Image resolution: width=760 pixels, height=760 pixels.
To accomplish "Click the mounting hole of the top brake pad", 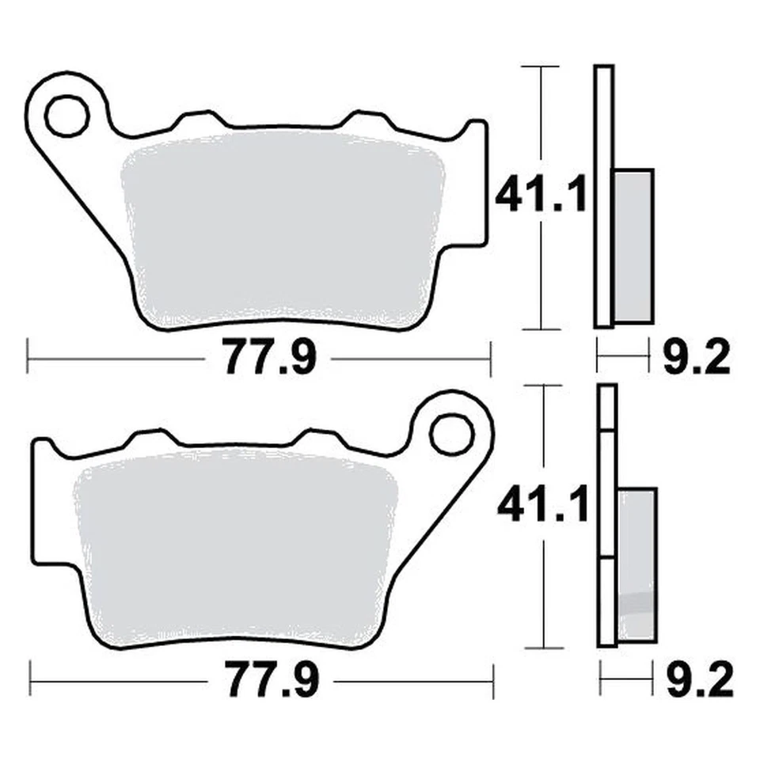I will coord(66,116).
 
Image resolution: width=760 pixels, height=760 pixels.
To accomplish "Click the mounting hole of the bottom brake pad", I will coord(451,433).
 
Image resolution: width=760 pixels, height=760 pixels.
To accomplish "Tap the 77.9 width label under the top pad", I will coord(269,359).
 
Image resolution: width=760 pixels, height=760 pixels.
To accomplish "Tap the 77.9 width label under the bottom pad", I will coord(272,680).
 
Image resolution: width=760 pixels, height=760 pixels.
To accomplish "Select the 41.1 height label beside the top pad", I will coord(541,195).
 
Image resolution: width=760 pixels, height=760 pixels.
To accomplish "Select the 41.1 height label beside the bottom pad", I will coord(543,505).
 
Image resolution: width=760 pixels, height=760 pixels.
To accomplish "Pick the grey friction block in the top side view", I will coord(633,245).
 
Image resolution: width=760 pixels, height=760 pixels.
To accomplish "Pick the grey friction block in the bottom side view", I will coord(637,562).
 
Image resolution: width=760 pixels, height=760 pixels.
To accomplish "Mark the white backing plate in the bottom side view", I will coord(607,515).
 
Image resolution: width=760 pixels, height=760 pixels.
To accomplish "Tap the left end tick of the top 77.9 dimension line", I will coord(28,359).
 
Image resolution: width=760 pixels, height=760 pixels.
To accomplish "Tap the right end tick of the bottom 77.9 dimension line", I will coord(493,680).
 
